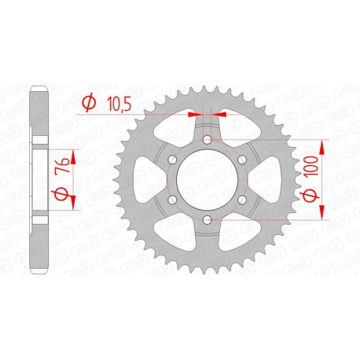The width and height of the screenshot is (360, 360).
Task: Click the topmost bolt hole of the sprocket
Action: coord(207,140)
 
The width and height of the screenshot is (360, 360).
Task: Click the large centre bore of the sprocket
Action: coord(207,180)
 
